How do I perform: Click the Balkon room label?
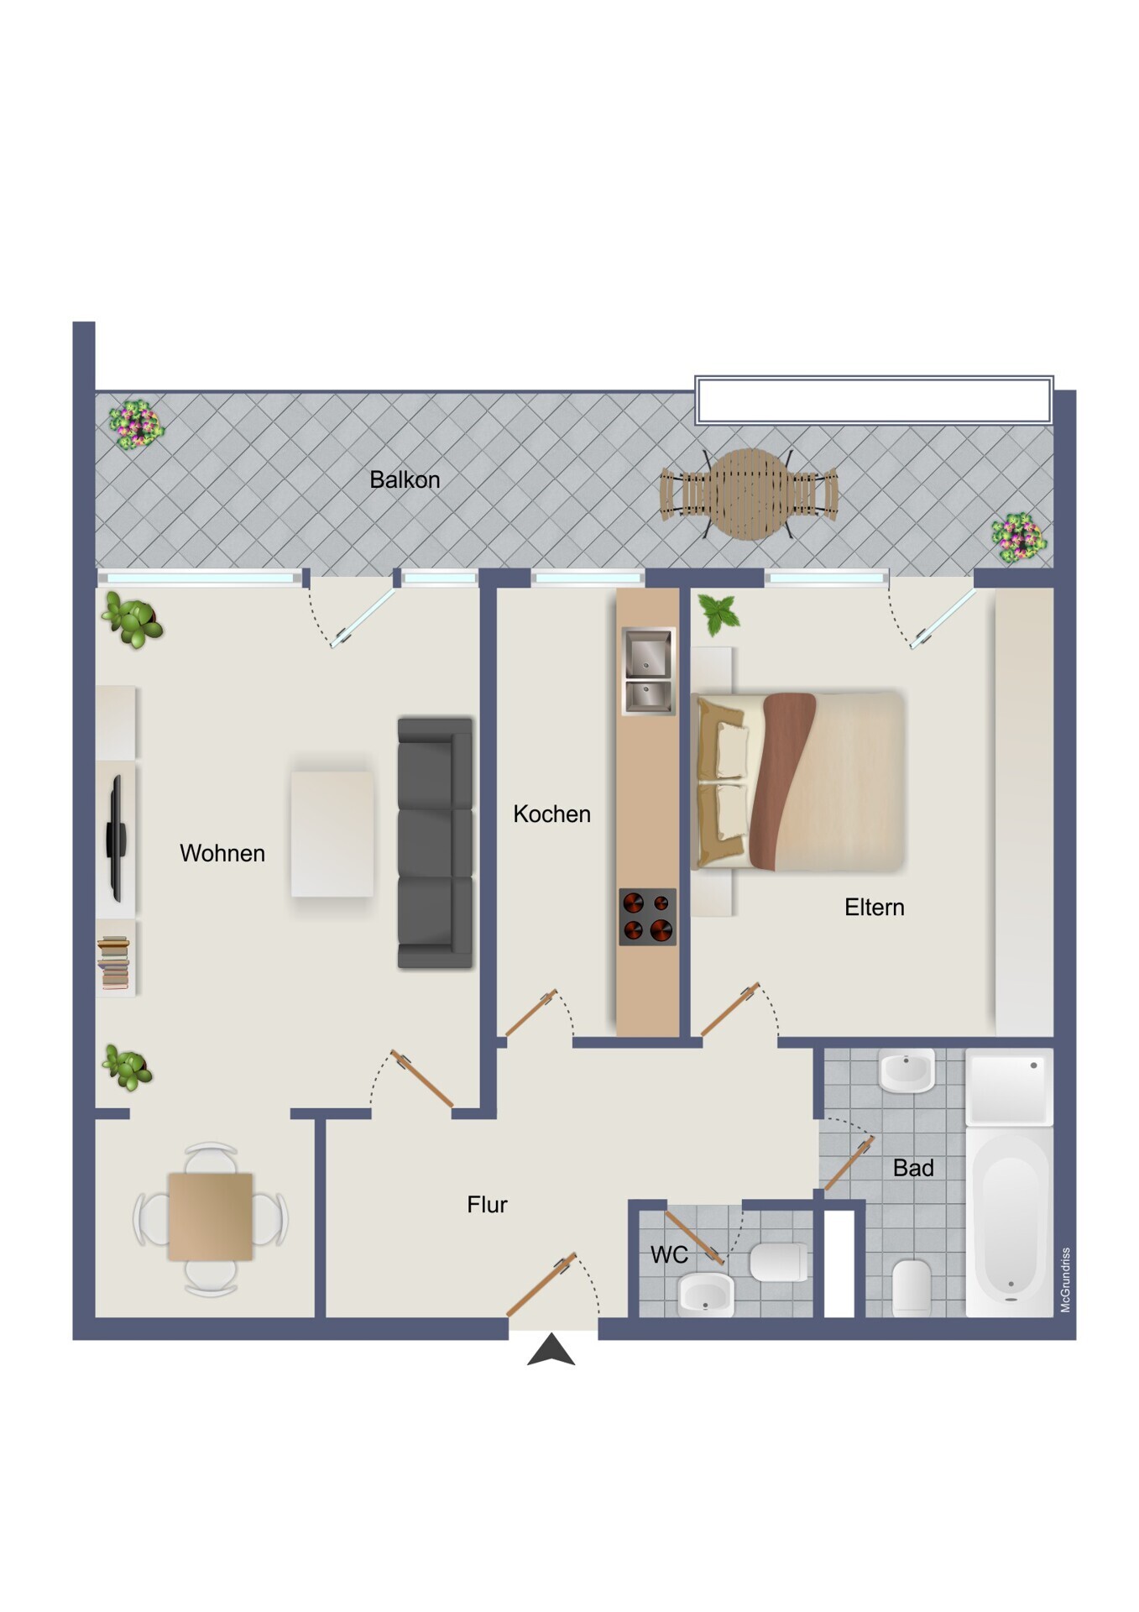[405, 479]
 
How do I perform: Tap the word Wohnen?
[222, 853]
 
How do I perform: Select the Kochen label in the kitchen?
[551, 814]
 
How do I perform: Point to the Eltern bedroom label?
[875, 907]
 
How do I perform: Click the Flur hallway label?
[487, 1205]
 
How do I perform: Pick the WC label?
[669, 1254]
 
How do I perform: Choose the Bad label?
[913, 1168]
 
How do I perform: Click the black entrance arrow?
[551, 1349]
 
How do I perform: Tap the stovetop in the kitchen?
[647, 917]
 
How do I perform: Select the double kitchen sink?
[648, 671]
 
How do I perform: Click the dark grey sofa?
[435, 843]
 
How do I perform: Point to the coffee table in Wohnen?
[332, 834]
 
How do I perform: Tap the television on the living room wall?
[116, 839]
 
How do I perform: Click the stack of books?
[113, 962]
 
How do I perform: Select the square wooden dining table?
[211, 1217]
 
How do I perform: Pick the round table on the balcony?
[750, 494]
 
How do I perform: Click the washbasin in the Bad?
[906, 1070]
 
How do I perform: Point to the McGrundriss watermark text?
[1065, 1280]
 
